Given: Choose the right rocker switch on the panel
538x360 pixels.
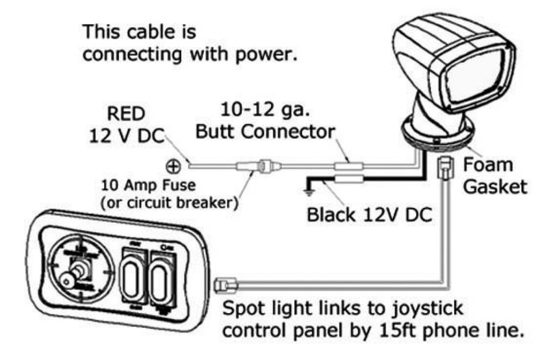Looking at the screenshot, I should click(x=162, y=281).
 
